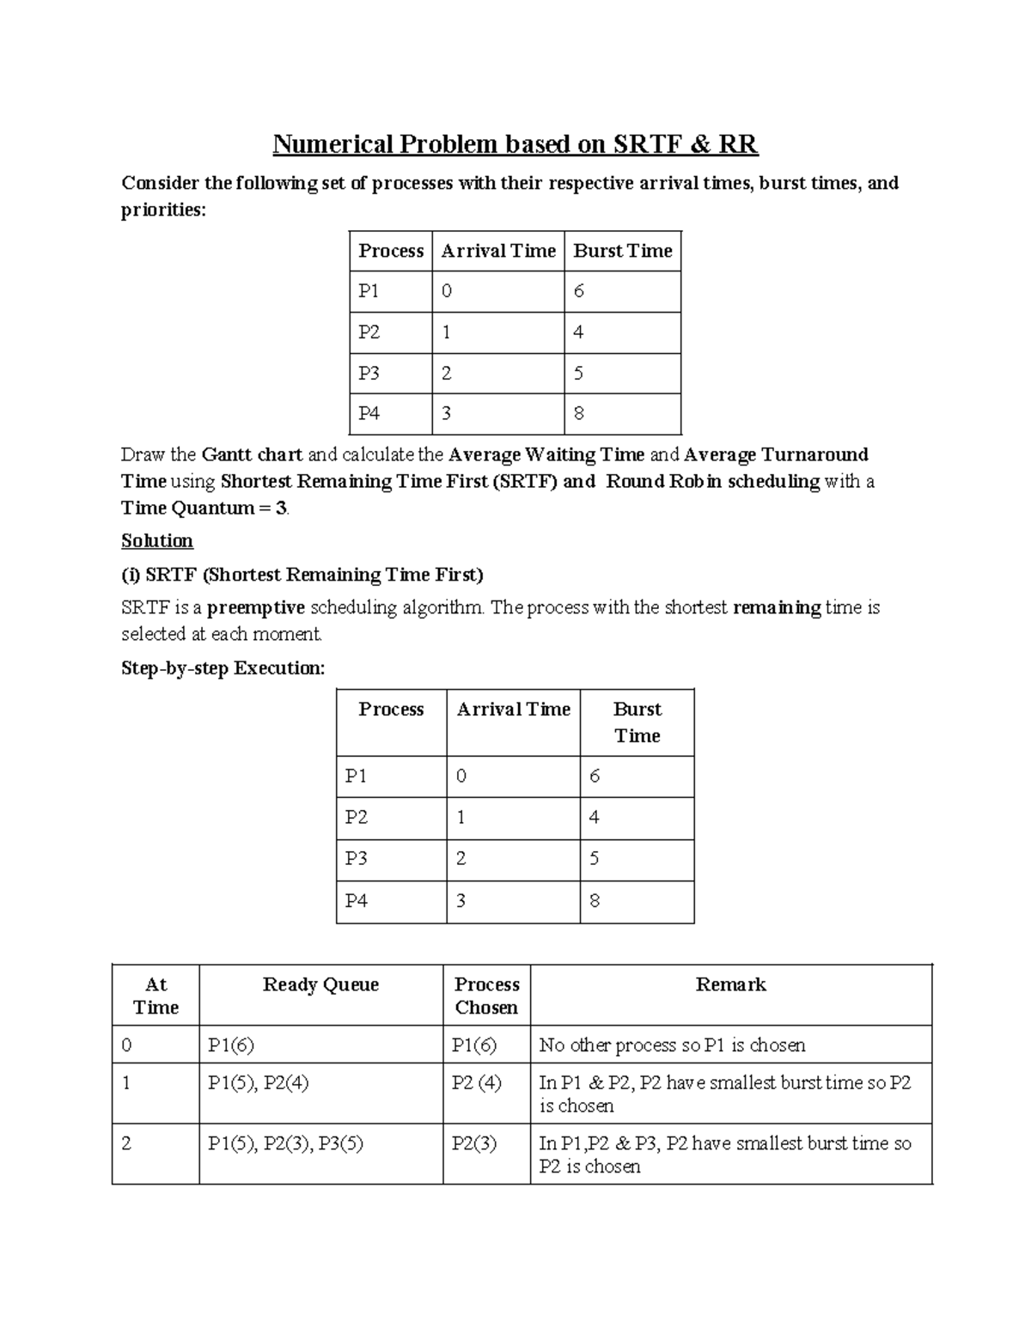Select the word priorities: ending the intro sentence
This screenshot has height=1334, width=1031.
tap(163, 210)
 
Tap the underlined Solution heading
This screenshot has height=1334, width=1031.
tap(156, 540)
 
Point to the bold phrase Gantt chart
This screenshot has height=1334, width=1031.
tap(252, 454)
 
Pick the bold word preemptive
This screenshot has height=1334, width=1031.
tap(256, 607)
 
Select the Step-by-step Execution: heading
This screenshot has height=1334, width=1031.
tap(223, 668)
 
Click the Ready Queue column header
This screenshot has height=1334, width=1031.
tap(320, 984)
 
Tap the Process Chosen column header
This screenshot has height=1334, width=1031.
tap(486, 996)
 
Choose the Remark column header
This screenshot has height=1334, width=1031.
tap(730, 984)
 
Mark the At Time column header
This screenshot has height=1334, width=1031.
tap(156, 996)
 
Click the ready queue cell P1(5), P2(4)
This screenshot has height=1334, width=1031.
tap(258, 1082)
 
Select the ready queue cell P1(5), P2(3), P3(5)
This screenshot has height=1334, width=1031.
tap(285, 1143)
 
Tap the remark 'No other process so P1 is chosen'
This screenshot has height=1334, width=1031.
tap(672, 1045)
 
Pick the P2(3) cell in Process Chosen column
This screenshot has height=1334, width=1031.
tap(474, 1143)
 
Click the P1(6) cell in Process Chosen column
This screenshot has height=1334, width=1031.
tap(474, 1045)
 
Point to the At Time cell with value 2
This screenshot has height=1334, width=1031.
tap(127, 1143)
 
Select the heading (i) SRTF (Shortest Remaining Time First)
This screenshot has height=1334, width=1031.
tap(302, 574)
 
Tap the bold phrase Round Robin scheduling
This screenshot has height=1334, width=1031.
tap(712, 481)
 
